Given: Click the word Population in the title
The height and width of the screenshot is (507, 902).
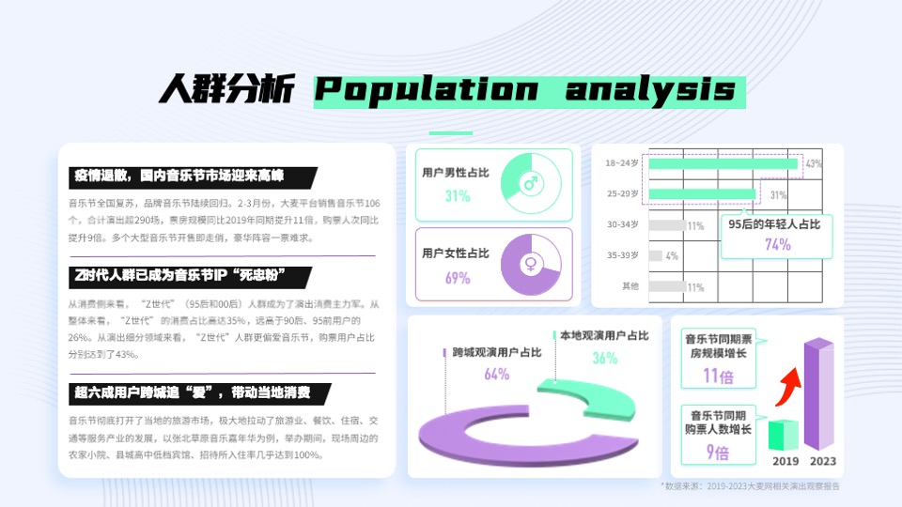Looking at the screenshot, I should (x=427, y=90).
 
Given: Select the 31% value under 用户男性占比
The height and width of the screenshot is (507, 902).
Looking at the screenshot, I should (x=458, y=196).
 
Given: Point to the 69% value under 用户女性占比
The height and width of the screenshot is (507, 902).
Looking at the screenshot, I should (x=458, y=277).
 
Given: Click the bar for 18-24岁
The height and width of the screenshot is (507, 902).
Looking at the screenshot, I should (x=723, y=163).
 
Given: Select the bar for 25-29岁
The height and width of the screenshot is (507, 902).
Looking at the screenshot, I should (x=702, y=194).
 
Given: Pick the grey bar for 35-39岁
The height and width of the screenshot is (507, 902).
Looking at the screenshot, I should (x=654, y=255).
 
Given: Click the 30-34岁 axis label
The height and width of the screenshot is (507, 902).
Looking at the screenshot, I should (x=622, y=225).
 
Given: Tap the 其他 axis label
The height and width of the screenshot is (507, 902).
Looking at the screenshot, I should (x=630, y=286).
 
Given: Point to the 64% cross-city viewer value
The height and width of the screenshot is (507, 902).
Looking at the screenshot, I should (x=496, y=374).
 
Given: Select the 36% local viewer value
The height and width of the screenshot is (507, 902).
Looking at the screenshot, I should (x=604, y=358).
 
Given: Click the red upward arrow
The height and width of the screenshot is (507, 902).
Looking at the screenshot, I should (x=788, y=383).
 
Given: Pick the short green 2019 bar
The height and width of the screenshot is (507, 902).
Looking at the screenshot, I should (x=783, y=435).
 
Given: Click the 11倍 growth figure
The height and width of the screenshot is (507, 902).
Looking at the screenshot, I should (x=718, y=376).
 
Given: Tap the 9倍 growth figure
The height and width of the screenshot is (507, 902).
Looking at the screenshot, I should (x=718, y=452).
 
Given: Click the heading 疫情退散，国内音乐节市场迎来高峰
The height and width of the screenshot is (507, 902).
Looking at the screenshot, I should (x=186, y=177).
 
